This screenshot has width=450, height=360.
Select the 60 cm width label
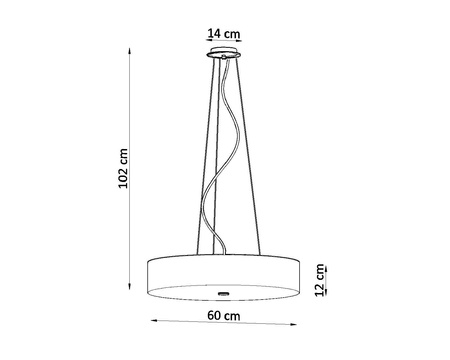click(224, 317)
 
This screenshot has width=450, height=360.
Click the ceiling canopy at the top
click(224, 56)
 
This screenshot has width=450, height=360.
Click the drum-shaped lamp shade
click(224, 273)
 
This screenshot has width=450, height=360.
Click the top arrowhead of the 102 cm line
click(133, 51)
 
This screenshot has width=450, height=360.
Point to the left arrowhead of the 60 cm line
click(154, 323)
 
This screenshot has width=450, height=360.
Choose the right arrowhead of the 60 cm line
click(296, 323)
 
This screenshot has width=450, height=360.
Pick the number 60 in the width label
click(216, 317)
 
